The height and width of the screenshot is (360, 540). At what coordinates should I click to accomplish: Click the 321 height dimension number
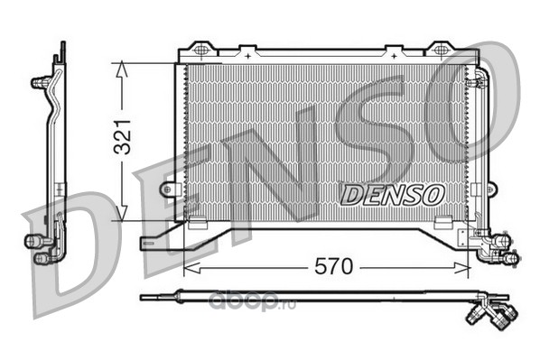coord(123,136)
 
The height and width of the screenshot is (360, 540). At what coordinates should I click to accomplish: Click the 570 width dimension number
coord(334,266)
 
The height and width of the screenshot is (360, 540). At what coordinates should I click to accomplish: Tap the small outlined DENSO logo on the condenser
coord(392,195)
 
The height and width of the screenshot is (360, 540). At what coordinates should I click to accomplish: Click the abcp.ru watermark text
coord(252,302)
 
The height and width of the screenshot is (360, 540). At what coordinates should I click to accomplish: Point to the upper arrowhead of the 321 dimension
coord(122,69)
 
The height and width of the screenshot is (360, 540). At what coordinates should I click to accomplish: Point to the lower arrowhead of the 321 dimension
coord(122,214)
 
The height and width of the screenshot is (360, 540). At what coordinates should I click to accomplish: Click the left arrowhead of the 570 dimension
coord(191,268)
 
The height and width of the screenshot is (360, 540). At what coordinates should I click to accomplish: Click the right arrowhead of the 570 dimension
coord(461,268)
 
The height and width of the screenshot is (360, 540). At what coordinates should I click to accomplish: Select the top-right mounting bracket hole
coord(440,50)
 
